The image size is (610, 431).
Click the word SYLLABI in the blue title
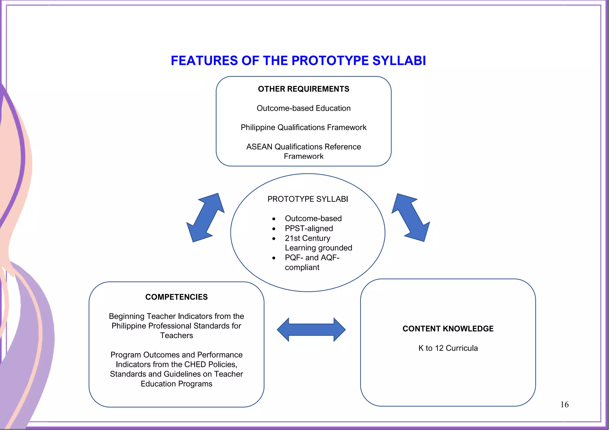click(399, 61)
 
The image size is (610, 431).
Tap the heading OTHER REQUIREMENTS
click(303, 89)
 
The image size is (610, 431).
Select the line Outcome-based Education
click(303, 108)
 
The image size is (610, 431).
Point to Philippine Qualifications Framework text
click(303, 127)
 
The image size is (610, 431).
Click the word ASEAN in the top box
click(259, 147)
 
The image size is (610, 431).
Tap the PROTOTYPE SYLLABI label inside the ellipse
click(307, 199)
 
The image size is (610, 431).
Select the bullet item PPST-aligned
click(309, 229)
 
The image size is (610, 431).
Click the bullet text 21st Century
click(307, 238)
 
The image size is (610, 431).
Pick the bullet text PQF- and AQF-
click(312, 258)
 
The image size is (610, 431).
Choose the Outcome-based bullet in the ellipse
click(313, 218)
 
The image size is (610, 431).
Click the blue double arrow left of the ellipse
click(205, 218)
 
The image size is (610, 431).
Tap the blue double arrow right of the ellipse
click(410, 218)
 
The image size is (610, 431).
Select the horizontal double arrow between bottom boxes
click(311, 330)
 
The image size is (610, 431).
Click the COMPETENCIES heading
click(176, 297)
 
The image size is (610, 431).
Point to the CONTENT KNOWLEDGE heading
click(448, 329)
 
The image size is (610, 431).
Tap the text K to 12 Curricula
click(448, 348)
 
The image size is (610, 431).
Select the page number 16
click(564, 405)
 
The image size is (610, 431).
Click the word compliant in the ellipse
click(302, 268)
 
